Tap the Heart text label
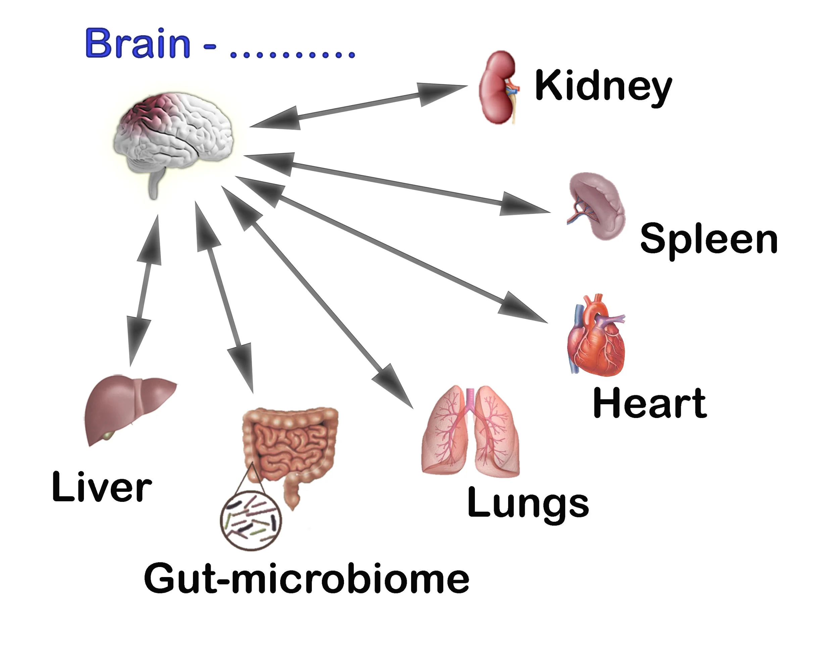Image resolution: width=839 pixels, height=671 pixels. point(649,403)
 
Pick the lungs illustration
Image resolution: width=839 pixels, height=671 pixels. point(471,431)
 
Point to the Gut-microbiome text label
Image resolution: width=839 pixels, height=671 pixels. point(307,579)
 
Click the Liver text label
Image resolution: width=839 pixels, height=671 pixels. point(102,486)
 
